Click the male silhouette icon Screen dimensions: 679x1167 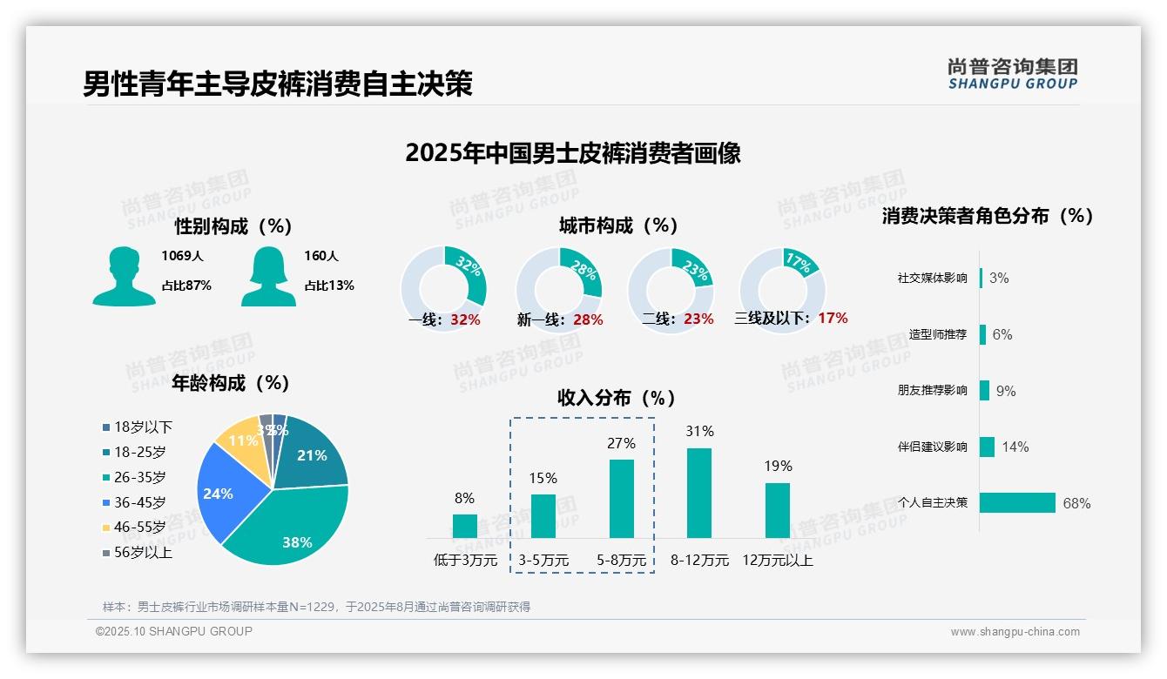(x=124, y=276)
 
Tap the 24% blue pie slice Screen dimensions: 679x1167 (x=222, y=492)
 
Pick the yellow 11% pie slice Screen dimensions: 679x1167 (x=239, y=442)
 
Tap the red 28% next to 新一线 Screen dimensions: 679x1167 (x=588, y=319)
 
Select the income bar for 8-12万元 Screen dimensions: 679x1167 (x=699, y=493)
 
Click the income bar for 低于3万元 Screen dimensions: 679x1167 (x=464, y=526)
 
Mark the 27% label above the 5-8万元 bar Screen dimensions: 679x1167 (x=621, y=443)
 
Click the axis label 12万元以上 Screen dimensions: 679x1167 (x=778, y=561)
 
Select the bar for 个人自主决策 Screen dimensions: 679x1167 (x=1017, y=502)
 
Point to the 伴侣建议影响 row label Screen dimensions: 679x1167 (x=932, y=447)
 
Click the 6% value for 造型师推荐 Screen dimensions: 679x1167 (x=1002, y=334)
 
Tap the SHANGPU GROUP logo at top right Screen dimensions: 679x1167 (x=1012, y=74)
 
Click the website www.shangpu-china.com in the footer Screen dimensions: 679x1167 (x=1015, y=632)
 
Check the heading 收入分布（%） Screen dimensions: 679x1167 (x=617, y=398)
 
